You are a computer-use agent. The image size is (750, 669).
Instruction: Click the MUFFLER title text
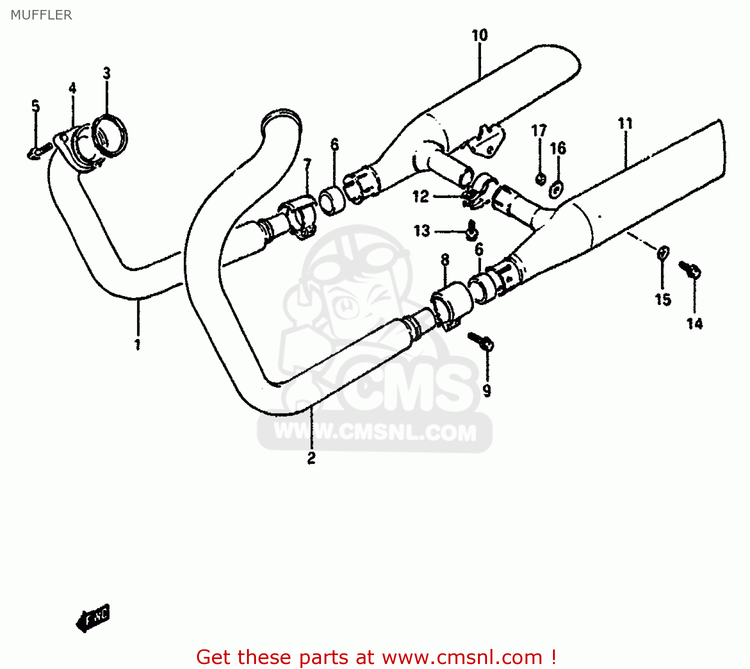(41, 15)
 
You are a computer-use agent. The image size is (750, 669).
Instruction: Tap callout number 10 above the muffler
(479, 35)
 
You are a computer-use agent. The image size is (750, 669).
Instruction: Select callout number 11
(625, 123)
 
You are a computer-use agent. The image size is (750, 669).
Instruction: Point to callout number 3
(106, 73)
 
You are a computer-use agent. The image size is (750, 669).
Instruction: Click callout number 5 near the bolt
(35, 106)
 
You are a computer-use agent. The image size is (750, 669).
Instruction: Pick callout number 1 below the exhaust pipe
(137, 344)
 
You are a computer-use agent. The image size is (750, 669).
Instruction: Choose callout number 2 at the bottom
(311, 458)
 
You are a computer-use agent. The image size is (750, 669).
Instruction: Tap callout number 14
(694, 324)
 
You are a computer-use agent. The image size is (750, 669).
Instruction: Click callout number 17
(538, 131)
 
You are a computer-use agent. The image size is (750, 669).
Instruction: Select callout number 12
(420, 196)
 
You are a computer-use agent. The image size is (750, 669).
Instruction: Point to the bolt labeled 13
(472, 231)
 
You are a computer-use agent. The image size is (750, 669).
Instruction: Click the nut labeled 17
(540, 178)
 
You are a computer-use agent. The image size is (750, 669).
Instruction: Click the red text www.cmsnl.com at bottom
(462, 657)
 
